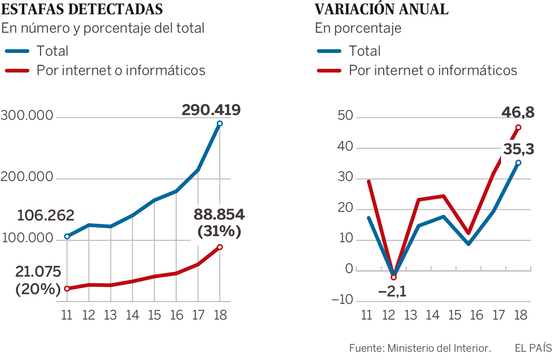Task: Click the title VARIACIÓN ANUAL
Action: (381, 9)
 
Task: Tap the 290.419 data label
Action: (211, 110)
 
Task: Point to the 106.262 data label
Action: (46, 215)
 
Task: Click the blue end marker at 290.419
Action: (220, 123)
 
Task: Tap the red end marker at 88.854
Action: (220, 247)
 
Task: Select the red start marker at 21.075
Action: (67, 289)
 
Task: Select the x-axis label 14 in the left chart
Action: (132, 315)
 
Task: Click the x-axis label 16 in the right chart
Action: (477, 315)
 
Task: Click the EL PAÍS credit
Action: (532, 348)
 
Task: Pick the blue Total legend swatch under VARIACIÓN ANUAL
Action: (329, 51)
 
